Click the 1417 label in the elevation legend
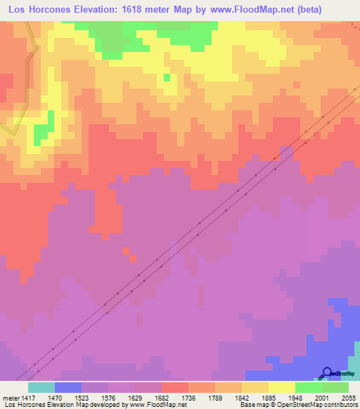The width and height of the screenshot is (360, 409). [25, 397]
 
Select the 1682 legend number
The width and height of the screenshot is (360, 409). [161, 397]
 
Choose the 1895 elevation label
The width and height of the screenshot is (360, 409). [268, 397]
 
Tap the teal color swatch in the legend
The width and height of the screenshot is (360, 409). [41, 387]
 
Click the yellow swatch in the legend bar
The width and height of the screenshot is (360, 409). [281, 387]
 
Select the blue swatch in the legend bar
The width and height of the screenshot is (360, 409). [68, 387]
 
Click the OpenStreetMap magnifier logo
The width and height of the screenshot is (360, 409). [327, 372]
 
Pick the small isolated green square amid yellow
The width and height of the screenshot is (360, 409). [167, 78]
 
